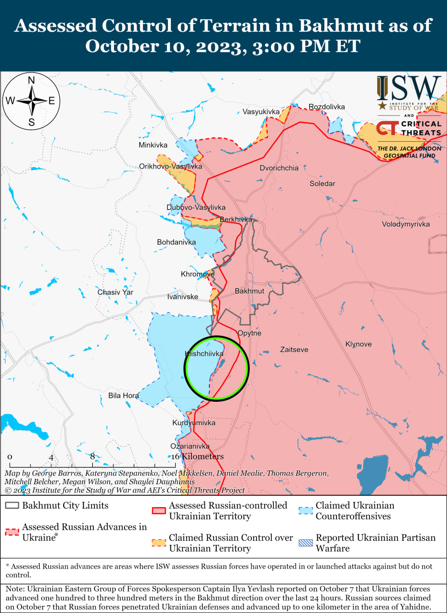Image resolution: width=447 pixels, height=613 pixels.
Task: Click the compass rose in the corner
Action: click(x=31, y=101)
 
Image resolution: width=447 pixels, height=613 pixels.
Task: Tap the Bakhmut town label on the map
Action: click(x=249, y=291)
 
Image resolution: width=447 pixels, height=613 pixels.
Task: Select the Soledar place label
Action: click(x=322, y=183)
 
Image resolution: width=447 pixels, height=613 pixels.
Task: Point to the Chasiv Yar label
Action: click(x=115, y=292)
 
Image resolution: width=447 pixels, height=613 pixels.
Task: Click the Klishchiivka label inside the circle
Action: click(x=204, y=353)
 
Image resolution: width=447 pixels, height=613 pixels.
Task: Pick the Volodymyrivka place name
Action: click(x=405, y=224)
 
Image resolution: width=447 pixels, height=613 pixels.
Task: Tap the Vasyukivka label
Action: click(x=261, y=112)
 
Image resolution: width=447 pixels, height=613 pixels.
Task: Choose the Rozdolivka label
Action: click(x=326, y=106)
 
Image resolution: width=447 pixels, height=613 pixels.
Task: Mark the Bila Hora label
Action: click(x=123, y=396)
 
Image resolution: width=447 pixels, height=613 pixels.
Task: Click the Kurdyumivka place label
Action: click(x=194, y=423)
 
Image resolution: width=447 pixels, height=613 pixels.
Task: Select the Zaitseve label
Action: click(x=294, y=350)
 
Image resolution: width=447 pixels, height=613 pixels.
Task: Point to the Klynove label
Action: click(x=358, y=344)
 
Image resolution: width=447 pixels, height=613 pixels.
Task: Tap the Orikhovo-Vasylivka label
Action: click(x=170, y=166)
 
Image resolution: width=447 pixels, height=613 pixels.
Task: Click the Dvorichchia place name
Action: click(x=279, y=168)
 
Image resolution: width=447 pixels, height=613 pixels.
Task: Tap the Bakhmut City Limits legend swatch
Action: click(x=12, y=506)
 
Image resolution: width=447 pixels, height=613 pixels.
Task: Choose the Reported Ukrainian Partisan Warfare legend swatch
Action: click(x=305, y=543)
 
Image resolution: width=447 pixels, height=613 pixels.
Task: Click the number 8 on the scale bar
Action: click(x=92, y=456)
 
